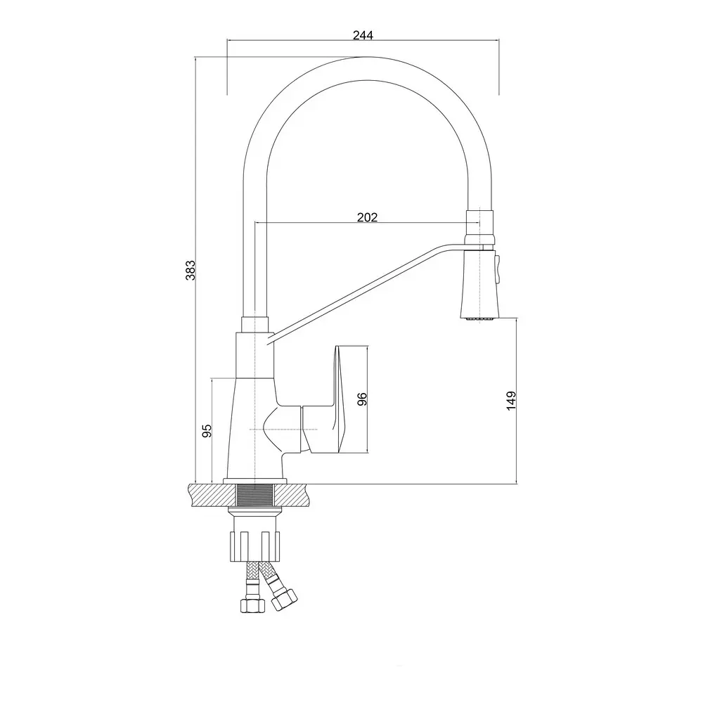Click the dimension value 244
click(x=363, y=35)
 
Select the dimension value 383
click(x=191, y=271)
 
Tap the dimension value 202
click(x=367, y=217)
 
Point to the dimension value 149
click(x=511, y=401)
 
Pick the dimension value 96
click(x=362, y=399)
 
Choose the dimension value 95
click(x=206, y=431)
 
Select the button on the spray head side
click(x=497, y=268)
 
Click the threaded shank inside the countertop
click(x=254, y=496)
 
